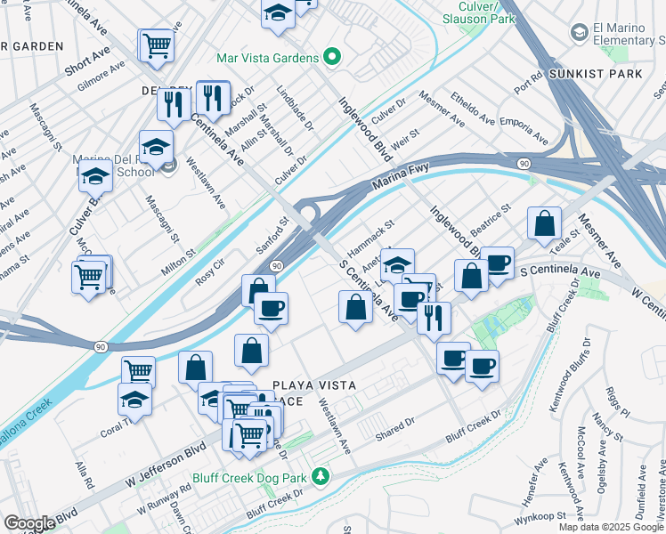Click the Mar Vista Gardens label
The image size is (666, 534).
point(268,59)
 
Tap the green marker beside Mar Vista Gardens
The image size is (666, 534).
point(332,59)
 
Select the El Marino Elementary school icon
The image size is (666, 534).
point(580,34)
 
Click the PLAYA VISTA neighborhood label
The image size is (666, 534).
point(314,385)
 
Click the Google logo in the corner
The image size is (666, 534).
point(29,523)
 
